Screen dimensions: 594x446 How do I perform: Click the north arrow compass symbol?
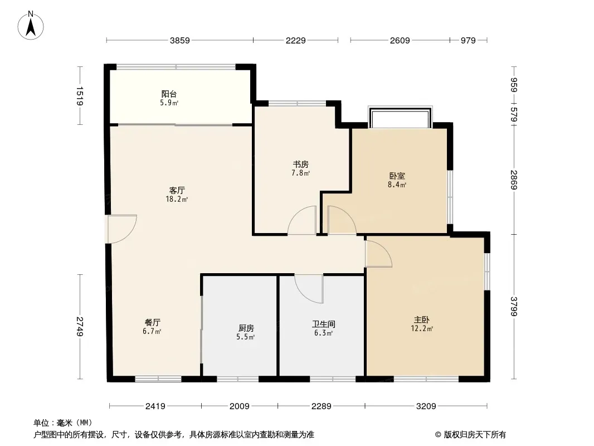[31, 26]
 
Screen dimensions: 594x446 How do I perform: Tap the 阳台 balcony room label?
[169, 94]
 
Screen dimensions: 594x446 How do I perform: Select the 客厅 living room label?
[177, 190]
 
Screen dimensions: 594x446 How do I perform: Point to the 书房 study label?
[301, 164]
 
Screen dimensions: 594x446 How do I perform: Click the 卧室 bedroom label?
[397, 176]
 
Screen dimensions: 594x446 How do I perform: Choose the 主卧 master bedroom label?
[422, 320]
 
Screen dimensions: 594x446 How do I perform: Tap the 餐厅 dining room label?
[152, 323]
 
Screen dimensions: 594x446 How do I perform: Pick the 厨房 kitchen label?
[246, 328]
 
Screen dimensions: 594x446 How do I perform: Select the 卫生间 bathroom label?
[324, 324]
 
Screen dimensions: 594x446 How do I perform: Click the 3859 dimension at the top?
[179, 41]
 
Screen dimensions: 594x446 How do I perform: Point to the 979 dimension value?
[468, 41]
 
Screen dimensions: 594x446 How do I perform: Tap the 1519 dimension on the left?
[80, 96]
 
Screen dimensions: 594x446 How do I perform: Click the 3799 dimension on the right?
[514, 306]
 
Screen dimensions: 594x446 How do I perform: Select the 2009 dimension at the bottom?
[240, 406]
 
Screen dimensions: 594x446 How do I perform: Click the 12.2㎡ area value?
[422, 329]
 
